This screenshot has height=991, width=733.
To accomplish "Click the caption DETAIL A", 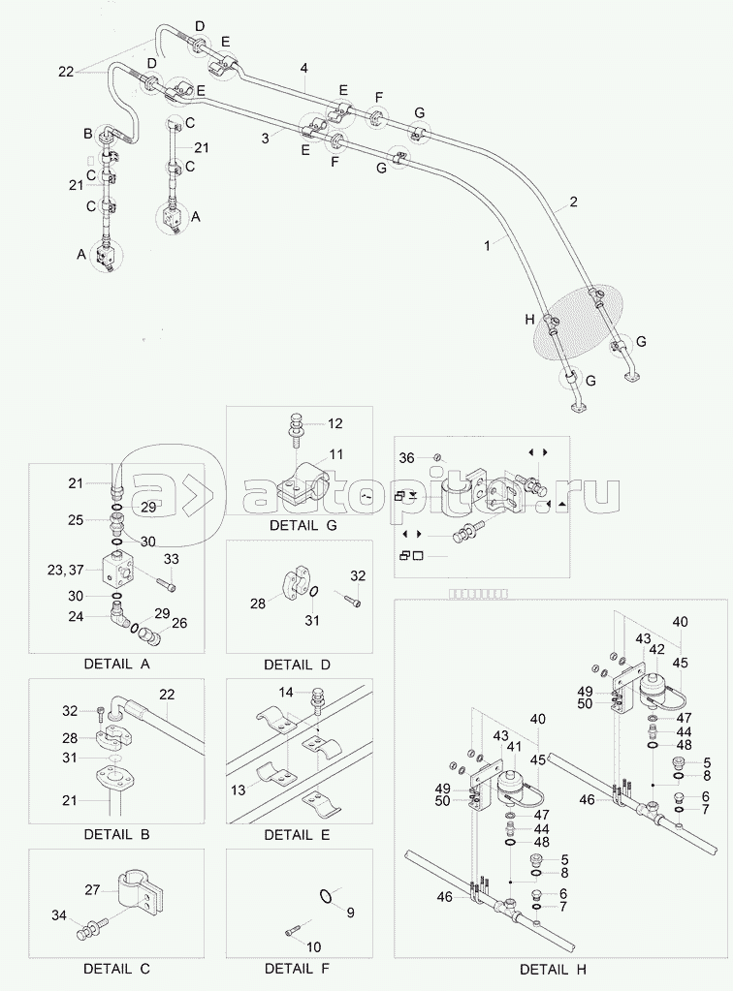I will (116, 665).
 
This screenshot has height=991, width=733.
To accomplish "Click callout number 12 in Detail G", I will (335, 423).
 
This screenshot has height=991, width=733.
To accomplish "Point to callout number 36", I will (407, 458).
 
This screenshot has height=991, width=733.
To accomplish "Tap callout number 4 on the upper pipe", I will (303, 68).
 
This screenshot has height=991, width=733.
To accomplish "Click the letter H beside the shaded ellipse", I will (529, 319).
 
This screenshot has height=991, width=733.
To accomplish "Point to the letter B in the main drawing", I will (87, 133).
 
